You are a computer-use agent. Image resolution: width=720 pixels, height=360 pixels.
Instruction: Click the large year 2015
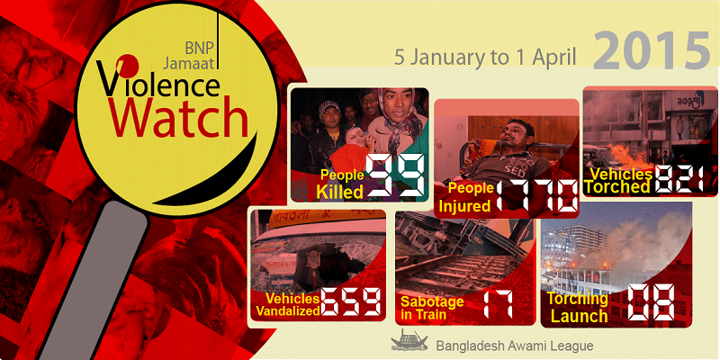(x=652, y=50)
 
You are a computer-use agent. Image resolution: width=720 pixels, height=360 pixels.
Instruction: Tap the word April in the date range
(x=557, y=58)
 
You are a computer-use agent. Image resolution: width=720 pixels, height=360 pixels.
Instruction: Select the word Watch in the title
(x=178, y=119)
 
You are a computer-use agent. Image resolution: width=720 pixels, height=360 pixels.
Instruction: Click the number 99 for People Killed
(x=395, y=176)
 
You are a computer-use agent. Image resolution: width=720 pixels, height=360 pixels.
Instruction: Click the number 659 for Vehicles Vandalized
(x=351, y=302)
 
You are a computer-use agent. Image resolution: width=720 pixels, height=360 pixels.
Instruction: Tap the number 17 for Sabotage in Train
(x=498, y=303)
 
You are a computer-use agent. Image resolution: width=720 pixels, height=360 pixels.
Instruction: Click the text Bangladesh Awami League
(x=514, y=346)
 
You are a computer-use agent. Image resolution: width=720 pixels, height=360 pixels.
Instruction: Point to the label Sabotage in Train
(x=432, y=308)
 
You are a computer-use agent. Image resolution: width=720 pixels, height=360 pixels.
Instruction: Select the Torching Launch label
(x=578, y=307)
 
